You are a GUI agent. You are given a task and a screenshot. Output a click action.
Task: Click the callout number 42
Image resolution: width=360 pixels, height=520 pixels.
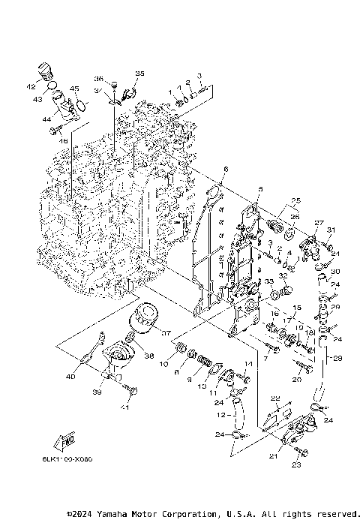[x=32, y=86]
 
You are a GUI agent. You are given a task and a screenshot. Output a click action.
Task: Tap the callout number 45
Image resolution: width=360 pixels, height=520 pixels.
[x=74, y=89]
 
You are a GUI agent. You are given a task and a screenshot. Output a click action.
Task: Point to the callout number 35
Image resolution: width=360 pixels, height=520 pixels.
[x=139, y=73]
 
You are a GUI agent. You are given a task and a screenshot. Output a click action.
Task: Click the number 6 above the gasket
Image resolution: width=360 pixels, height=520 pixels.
[x=225, y=170]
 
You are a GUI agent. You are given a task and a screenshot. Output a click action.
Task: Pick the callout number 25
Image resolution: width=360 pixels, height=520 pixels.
[x=295, y=200]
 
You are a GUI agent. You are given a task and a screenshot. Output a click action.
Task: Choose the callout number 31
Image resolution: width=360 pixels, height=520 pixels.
[x=331, y=230]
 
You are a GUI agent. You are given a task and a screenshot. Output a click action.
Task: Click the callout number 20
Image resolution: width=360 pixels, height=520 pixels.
[x=296, y=380]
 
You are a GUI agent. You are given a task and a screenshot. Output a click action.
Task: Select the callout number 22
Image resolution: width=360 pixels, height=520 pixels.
[x=275, y=398]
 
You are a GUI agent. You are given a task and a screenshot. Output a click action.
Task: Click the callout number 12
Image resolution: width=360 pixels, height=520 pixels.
[x=220, y=414]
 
